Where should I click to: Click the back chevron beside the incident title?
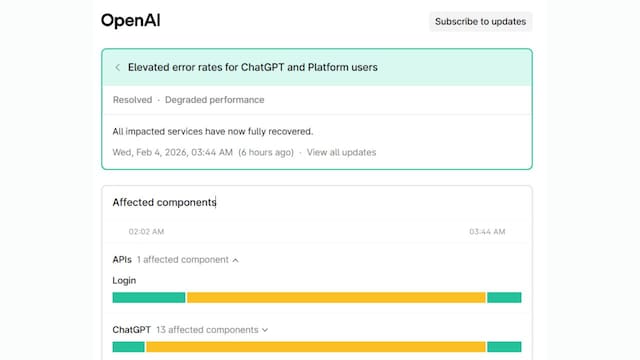(x=118, y=68)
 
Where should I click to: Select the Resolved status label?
(x=132, y=100)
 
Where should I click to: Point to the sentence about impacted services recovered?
(x=213, y=131)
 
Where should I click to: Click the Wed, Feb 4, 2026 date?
(x=172, y=152)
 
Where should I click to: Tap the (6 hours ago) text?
(x=265, y=152)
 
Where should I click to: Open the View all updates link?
(x=341, y=152)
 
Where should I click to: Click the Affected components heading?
(x=164, y=202)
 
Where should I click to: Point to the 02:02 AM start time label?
(x=147, y=231)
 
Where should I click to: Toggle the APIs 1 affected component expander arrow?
(x=235, y=260)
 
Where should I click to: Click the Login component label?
(x=124, y=281)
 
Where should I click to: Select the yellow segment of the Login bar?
(x=336, y=297)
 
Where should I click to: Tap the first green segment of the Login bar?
(x=148, y=297)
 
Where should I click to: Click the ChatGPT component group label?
(x=131, y=329)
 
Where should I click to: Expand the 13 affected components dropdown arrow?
(x=265, y=329)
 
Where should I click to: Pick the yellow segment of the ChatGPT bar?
(x=316, y=346)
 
